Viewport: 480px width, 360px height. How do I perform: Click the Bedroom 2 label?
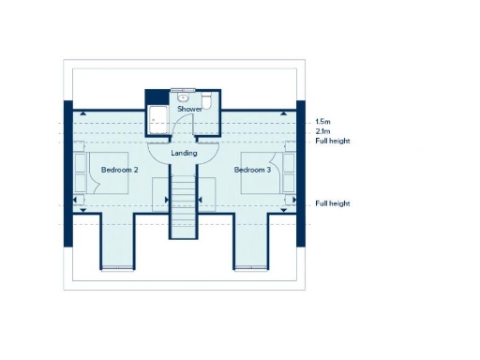coord(119,170)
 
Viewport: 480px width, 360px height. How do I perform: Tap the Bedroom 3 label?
coord(252,170)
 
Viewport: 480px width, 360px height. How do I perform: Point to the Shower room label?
coord(190,110)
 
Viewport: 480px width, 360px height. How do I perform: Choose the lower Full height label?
coord(333,203)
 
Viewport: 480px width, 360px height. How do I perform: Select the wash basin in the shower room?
coord(185,97)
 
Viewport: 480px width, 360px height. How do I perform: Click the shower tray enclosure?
coord(157,119)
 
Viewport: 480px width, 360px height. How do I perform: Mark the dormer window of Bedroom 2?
coord(117,268)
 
